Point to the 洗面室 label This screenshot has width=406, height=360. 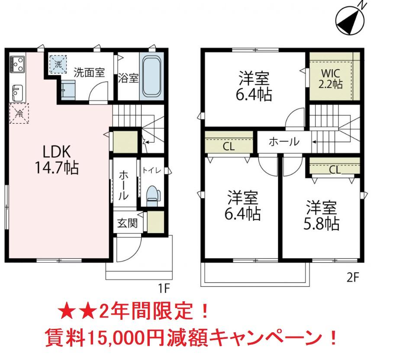coord(89,72)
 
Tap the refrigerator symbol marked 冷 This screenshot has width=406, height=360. coord(19,114)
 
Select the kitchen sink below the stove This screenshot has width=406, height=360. coord(17,92)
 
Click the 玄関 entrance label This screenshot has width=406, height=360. coord(128,224)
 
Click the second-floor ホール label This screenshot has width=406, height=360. coord(284,141)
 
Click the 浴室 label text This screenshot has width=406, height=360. coord(129,78)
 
